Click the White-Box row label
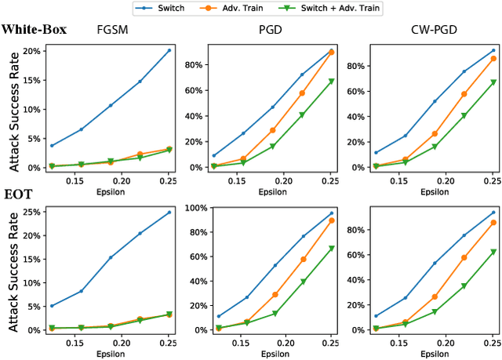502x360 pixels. click(34, 30)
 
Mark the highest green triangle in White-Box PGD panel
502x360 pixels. click(331, 81)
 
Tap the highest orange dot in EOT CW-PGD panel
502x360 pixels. click(493, 223)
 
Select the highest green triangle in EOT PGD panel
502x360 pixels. click(331, 248)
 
